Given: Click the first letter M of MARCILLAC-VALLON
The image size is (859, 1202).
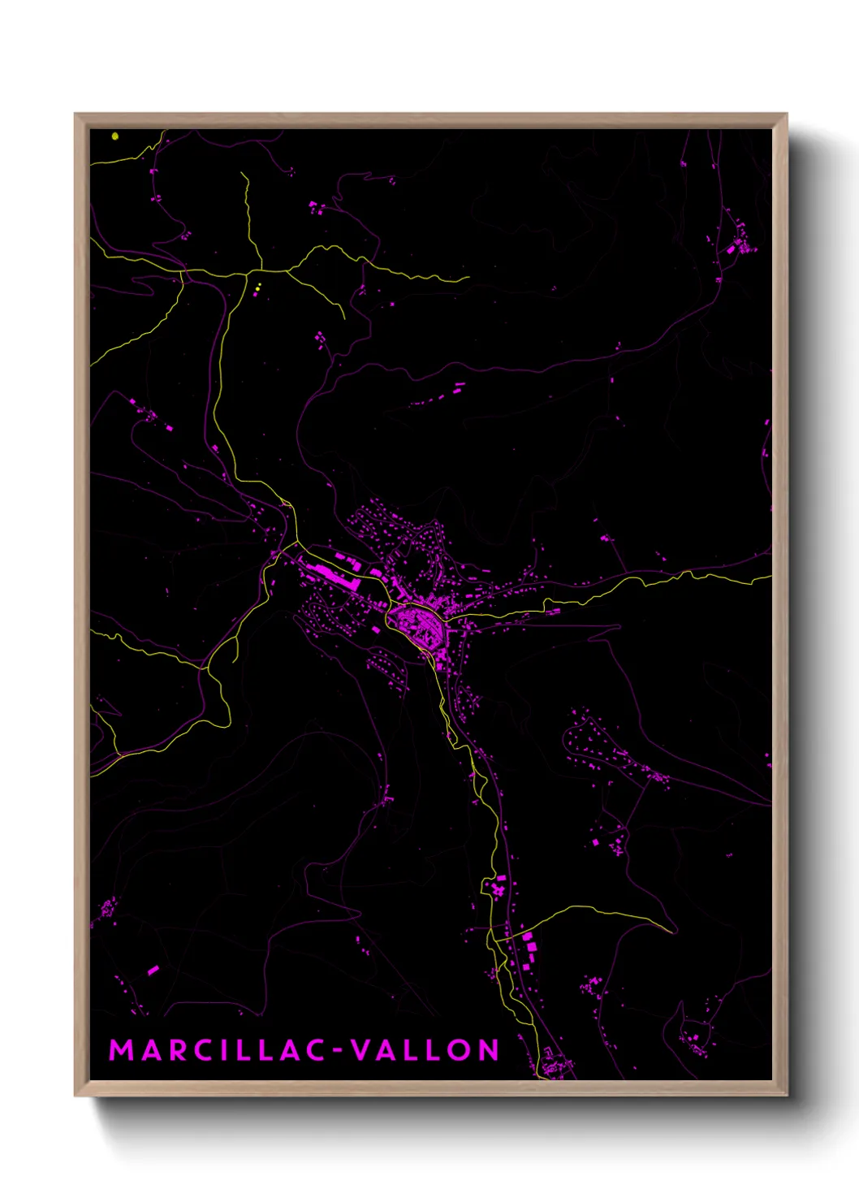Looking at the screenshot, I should click(120, 1050).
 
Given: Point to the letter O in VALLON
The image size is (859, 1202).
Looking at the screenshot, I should click(458, 1050).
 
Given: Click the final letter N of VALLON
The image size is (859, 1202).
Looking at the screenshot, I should click(488, 1050).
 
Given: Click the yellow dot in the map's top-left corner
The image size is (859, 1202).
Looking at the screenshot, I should click(115, 136).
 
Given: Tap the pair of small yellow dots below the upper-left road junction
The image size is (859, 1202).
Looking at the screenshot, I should click(258, 288).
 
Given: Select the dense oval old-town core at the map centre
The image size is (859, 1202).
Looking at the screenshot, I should click(417, 625).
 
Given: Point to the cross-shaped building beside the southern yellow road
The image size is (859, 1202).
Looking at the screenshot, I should click(496, 890).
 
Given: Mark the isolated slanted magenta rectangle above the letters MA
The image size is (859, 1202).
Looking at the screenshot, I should click(153, 970).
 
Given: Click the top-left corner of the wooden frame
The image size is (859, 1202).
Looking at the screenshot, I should click(76, 115).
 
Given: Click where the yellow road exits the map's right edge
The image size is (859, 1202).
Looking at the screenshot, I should click(770, 578).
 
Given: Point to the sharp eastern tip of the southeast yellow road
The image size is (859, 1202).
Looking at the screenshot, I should click(674, 931).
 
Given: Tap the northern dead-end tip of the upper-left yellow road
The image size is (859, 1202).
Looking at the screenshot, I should click(242, 173).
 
